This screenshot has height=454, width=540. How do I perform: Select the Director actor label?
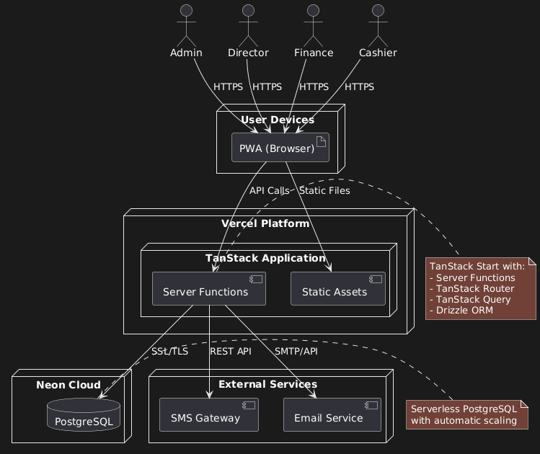(248, 53)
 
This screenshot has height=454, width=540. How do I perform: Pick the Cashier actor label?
(378, 53)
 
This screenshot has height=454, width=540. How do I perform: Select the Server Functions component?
(209, 291)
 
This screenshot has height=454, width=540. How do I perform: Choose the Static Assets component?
(338, 291)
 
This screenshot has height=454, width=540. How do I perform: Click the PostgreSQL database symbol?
(84, 418)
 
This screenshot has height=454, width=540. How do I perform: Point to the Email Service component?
(332, 418)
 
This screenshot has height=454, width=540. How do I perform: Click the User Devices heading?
(278, 120)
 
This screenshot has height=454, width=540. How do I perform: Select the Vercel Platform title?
(265, 223)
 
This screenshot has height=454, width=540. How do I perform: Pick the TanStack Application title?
(265, 258)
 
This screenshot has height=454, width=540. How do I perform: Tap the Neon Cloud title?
(68, 385)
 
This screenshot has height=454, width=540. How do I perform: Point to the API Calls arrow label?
(269, 191)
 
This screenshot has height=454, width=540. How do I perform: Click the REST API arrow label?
(230, 352)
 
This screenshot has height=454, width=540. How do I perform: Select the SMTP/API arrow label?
(296, 352)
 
